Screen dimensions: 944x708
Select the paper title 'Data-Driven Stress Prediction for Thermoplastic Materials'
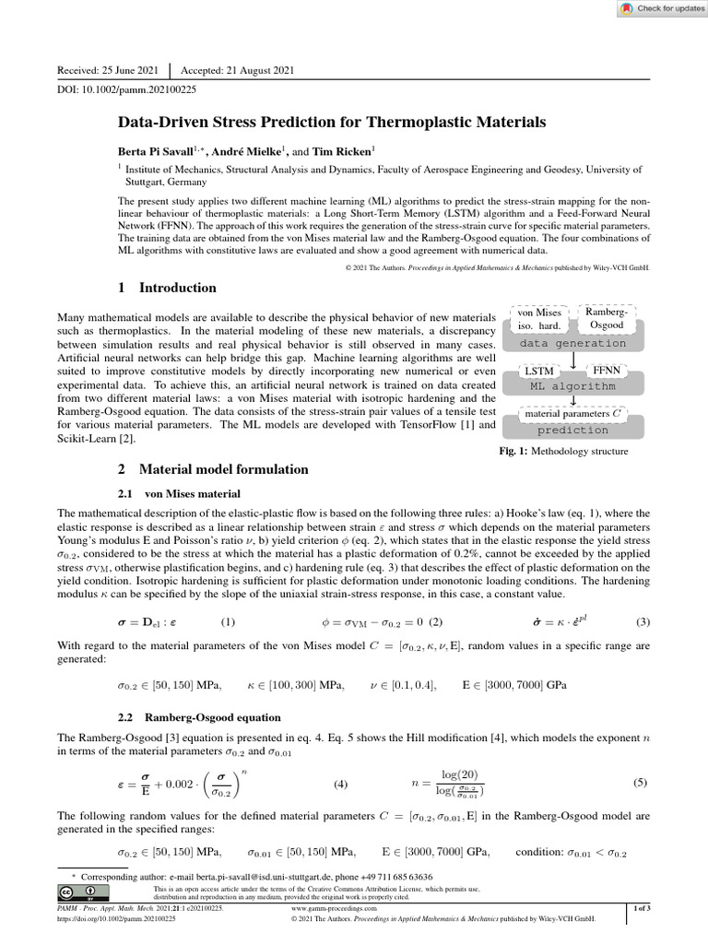pos(332,122)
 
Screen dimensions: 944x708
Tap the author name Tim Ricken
pos(339,149)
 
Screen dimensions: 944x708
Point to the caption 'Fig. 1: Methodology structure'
pos(562,452)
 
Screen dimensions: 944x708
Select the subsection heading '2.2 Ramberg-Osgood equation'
pos(199,717)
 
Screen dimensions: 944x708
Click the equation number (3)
pos(643,620)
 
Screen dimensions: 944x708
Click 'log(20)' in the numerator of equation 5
pos(460,774)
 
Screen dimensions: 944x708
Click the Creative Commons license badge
pos(82,891)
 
